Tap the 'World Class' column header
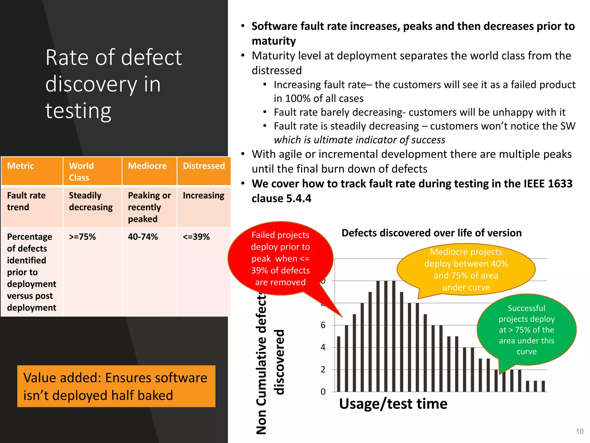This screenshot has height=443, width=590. (82, 171)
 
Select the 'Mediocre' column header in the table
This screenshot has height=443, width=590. (147, 166)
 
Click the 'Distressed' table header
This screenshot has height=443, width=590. (204, 166)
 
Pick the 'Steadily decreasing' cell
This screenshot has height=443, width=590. (91, 201)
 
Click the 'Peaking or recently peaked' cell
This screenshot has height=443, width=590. (149, 207)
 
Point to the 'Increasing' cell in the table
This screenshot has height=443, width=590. (203, 196)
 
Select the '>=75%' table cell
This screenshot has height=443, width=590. (82, 237)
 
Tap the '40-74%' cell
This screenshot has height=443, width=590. (143, 237)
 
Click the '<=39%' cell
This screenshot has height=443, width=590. (196, 237)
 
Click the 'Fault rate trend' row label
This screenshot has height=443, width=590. (26, 201)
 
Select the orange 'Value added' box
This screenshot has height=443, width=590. (116, 386)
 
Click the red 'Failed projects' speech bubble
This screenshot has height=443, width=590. (280, 258)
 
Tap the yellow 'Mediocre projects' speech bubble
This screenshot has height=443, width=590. (466, 269)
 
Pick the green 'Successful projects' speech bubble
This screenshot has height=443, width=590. (526, 330)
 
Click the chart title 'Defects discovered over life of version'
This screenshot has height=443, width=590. (431, 233)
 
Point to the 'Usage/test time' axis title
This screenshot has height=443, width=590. (393, 403)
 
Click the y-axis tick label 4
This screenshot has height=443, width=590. (323, 347)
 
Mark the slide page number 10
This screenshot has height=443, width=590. (580, 431)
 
